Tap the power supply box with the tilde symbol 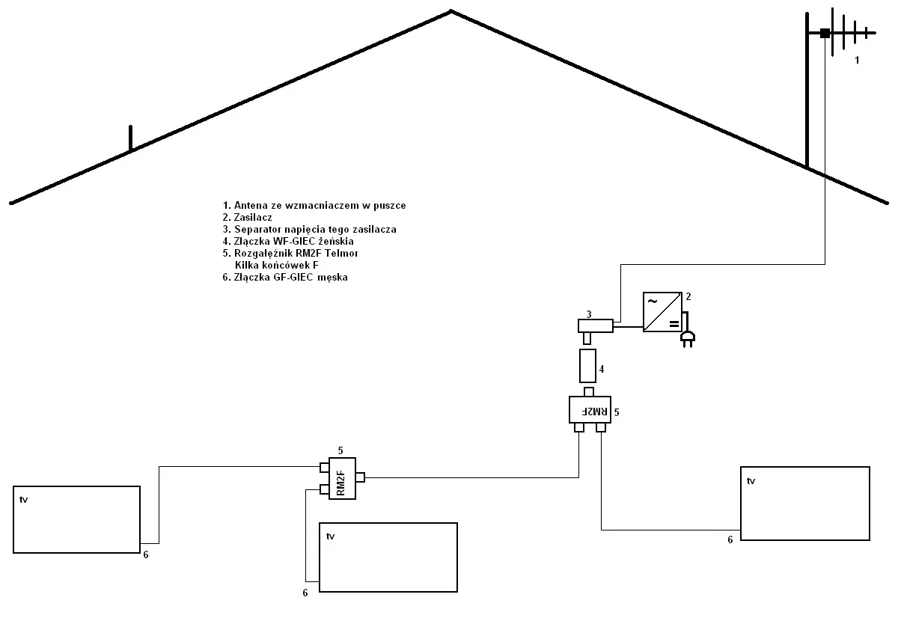point(662,312)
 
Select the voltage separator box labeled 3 point(596,325)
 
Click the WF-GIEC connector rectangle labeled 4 point(587,366)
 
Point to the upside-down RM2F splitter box point(590,410)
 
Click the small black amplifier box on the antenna point(825,33)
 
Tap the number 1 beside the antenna point(858,60)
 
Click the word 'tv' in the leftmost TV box point(24,499)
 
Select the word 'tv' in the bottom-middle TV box point(330,536)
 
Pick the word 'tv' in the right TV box point(751,480)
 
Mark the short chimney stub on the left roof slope point(130,138)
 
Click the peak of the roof point(450,11)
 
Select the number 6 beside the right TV point(730,539)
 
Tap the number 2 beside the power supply point(688,296)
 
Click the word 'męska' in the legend point(332,277)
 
